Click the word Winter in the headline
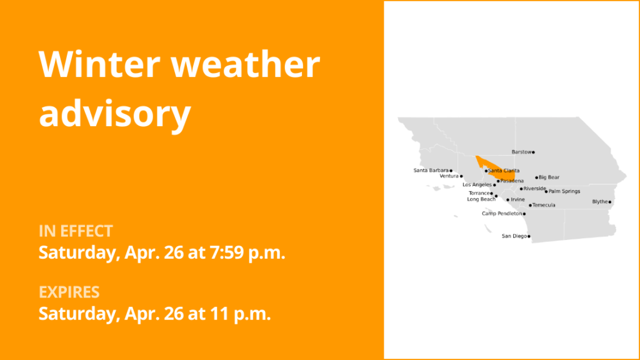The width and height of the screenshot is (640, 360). [x=99, y=64]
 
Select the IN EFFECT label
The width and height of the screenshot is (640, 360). [x=76, y=231]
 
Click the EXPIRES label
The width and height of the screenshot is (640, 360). [x=69, y=292]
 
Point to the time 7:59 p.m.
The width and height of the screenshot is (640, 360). [x=247, y=252]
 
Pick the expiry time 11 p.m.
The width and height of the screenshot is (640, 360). [x=241, y=314]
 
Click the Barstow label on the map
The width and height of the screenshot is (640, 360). [x=522, y=152]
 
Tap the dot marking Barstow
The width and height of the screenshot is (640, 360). [x=534, y=152]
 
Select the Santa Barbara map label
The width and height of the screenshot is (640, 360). [x=431, y=170]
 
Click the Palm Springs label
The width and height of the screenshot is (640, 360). [x=564, y=191]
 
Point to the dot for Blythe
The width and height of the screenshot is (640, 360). [x=610, y=202]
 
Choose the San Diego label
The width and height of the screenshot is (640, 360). [x=514, y=236]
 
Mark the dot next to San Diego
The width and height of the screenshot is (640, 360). [x=529, y=236]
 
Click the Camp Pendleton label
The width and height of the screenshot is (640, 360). [x=502, y=214]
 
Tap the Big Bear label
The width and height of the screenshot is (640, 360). [x=549, y=177]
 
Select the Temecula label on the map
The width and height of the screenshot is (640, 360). [x=544, y=205]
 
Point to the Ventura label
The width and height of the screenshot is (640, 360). [x=449, y=176]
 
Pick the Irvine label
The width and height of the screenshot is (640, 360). [x=517, y=199]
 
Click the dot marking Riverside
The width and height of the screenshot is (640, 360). [x=521, y=189]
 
